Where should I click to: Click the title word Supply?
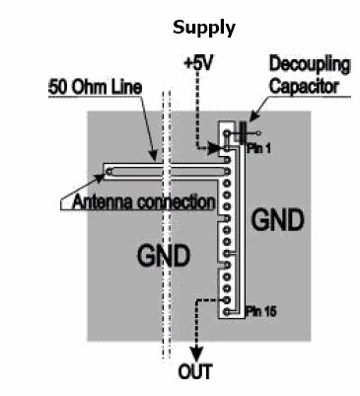(204, 29)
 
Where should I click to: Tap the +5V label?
(198, 62)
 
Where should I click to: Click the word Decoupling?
(310, 65)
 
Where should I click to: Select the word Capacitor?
(304, 86)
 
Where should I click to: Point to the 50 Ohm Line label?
(96, 87)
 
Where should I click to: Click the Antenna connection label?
(143, 201)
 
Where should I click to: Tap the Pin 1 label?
(259, 149)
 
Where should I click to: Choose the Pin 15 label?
(261, 311)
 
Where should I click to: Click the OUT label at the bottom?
(195, 371)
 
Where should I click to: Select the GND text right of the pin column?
(278, 220)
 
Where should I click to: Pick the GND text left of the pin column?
(164, 256)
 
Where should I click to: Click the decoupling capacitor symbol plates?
(244, 133)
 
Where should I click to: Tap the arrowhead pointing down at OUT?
(196, 355)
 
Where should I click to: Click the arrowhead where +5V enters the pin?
(215, 148)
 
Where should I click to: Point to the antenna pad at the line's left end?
(109, 171)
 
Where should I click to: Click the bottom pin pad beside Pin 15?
(227, 311)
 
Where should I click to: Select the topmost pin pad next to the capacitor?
(227, 133)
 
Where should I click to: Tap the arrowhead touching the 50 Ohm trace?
(153, 156)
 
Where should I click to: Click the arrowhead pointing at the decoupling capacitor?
(253, 116)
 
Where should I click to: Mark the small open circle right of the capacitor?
(258, 133)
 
